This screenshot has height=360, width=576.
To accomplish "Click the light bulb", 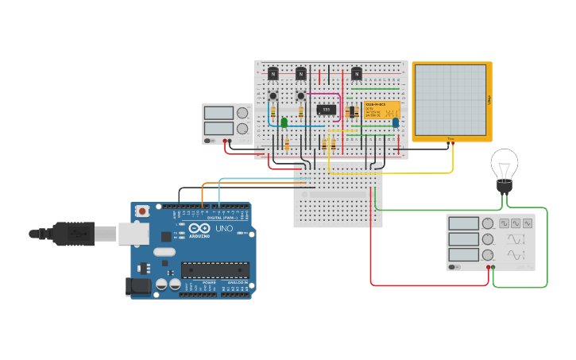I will pos(504,166).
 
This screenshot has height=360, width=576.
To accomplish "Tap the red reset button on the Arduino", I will pos(142,211).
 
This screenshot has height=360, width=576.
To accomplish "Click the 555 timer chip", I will pos(326,109).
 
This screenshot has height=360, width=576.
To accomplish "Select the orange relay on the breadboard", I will pos(381,110).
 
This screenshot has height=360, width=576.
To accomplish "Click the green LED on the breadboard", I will pos(284,122).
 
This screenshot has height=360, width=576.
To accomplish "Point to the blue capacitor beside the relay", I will pos(395,122).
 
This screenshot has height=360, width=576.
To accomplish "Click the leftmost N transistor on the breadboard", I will pos(273,74).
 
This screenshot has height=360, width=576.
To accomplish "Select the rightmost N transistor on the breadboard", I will pos(357,74).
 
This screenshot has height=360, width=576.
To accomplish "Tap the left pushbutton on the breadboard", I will pos(273,96).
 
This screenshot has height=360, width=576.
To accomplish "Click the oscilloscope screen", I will pos(450,100).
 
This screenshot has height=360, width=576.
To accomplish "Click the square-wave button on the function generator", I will pos(503,224).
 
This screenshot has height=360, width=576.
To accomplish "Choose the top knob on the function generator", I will pos(487,224).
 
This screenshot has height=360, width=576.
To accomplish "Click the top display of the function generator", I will pos(463,224).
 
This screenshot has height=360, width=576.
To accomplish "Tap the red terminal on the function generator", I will pos(488,268).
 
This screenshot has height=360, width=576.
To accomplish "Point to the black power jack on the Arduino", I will pos(139,287).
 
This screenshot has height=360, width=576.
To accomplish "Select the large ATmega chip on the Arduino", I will pos(215,270).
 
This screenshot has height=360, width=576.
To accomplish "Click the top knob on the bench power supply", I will pos(242,113).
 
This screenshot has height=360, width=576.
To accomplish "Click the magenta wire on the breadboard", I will pos(340,107).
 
